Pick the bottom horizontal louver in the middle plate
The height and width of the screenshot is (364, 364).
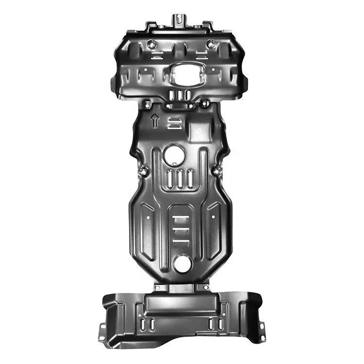180,241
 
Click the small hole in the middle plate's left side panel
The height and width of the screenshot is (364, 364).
147,218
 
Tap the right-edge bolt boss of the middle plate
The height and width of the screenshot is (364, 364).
217,171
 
